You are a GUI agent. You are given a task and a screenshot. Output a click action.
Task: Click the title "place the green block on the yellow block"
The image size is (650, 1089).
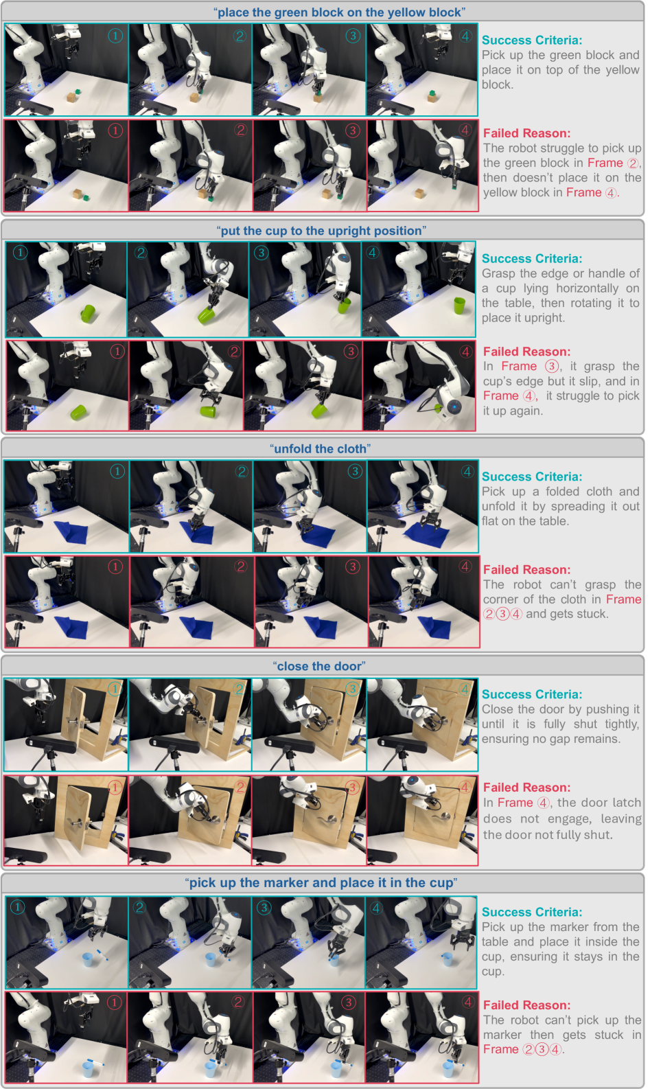(x=340, y=12)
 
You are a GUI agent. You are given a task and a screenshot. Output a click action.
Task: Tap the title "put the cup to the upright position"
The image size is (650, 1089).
(x=322, y=231)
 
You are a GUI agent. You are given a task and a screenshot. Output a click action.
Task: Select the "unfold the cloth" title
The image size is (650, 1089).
(x=321, y=448)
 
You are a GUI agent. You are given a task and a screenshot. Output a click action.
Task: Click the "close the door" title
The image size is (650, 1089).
(x=319, y=666)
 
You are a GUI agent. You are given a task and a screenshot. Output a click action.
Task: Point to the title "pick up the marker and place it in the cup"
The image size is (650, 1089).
(x=321, y=882)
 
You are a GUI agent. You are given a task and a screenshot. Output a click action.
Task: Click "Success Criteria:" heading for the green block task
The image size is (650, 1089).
(x=531, y=41)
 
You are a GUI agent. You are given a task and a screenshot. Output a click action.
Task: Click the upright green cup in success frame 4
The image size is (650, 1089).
(x=459, y=306)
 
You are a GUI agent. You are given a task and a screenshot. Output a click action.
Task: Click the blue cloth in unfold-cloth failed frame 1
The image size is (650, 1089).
(x=71, y=627)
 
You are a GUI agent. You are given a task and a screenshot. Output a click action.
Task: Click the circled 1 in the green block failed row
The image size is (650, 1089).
(x=115, y=130)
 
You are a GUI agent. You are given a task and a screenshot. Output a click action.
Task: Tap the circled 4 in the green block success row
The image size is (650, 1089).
(x=465, y=36)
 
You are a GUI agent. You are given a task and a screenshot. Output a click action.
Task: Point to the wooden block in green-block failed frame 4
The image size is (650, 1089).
(x=419, y=194)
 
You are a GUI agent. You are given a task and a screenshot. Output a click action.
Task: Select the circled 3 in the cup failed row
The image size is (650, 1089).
(x=351, y=351)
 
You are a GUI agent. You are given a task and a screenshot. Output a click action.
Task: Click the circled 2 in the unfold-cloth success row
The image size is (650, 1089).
(x=242, y=471)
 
